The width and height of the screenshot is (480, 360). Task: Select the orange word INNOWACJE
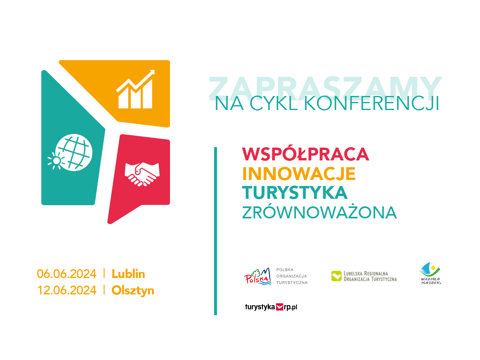298,174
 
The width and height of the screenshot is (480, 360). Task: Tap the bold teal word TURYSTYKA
294,193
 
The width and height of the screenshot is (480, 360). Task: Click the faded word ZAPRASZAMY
325,88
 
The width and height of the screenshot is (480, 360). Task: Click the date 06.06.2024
67,274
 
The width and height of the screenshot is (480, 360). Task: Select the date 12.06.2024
67,290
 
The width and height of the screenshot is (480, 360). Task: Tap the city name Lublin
128,274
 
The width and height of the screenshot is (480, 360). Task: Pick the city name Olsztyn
133,291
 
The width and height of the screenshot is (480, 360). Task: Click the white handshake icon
142,174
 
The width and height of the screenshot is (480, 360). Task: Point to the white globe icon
74,152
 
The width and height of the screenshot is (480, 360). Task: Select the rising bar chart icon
136,89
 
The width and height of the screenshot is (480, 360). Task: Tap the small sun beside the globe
56,161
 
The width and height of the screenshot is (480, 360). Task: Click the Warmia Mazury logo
430,273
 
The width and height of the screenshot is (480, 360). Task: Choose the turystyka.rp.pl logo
271,307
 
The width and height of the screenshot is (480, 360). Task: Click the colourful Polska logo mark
258,276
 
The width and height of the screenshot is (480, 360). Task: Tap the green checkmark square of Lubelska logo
336,276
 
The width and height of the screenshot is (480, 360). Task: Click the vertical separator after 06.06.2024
104,274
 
